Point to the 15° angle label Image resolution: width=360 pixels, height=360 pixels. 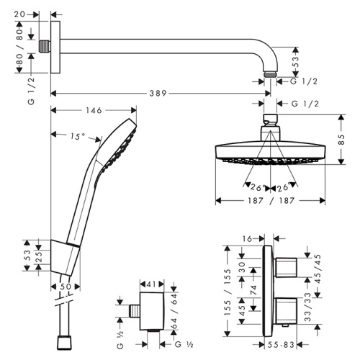point(77,135)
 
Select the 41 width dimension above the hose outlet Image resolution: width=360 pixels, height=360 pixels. point(151,285)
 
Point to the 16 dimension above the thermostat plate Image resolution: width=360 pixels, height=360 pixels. point(248,237)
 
